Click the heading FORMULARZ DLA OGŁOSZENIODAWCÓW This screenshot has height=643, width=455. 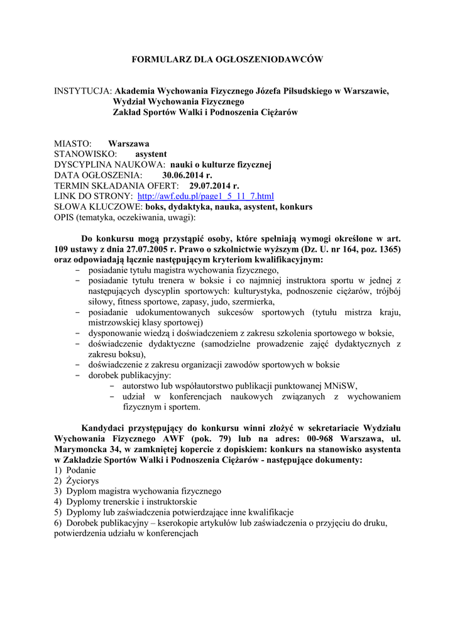tap(227, 59)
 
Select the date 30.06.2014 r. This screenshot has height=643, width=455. tap(187, 175)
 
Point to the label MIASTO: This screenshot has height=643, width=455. tap(73, 143)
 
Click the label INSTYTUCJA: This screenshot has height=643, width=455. tap(83, 91)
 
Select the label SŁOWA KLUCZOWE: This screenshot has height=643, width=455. tap(99, 207)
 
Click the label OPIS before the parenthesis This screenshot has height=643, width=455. tap(65, 217)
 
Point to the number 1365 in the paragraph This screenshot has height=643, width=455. tap(385, 249)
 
